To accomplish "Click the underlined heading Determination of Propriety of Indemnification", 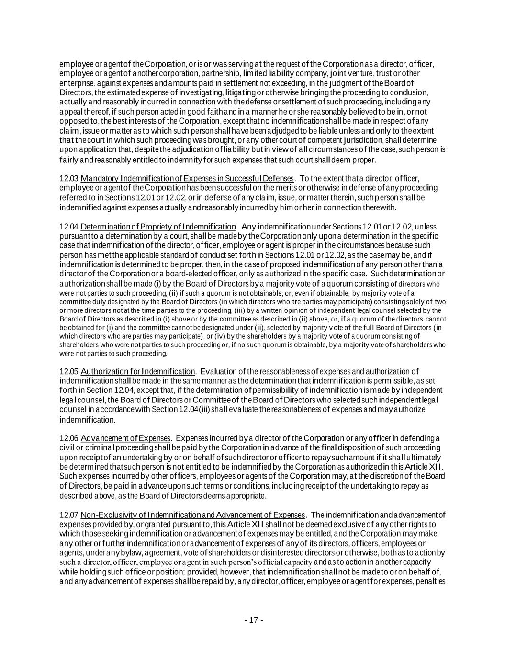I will click(x=158, y=226).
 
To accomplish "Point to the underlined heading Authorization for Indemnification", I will click(x=138, y=371).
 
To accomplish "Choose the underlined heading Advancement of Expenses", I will click(x=125, y=438).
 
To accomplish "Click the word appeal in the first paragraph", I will click(x=69, y=112).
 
